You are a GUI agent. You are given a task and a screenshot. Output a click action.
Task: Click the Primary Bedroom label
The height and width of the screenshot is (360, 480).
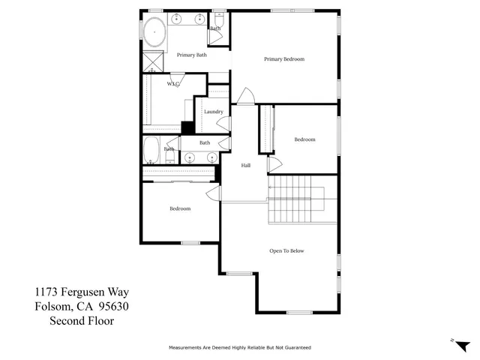(x=284, y=59)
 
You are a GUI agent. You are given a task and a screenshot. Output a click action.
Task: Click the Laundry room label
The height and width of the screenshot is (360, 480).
(x=214, y=112)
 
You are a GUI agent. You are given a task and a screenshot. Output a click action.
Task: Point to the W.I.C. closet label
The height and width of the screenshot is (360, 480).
(x=172, y=84)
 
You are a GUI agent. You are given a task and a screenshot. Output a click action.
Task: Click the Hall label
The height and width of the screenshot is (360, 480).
(x=245, y=166)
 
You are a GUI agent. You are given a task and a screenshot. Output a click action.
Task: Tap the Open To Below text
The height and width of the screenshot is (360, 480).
(x=286, y=250)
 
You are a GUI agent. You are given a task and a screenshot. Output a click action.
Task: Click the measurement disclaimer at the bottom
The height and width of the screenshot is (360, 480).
(x=239, y=348)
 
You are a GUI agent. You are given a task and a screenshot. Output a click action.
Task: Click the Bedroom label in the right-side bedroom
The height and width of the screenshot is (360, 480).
(x=304, y=139)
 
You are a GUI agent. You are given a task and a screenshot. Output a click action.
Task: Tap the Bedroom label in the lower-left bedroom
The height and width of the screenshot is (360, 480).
(x=180, y=208)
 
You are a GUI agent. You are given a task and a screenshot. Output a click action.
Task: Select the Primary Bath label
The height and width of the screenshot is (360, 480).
(x=191, y=55)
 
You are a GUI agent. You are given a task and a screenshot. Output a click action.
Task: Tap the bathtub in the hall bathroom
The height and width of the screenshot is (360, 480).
(x=151, y=149)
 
